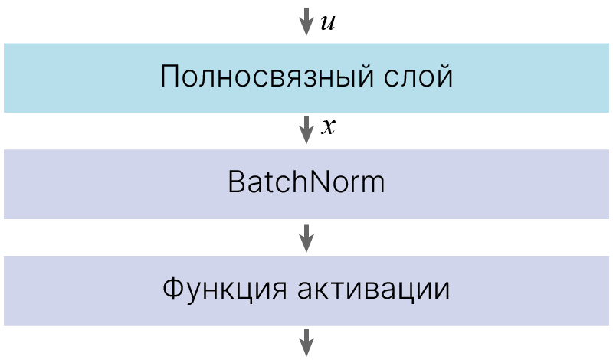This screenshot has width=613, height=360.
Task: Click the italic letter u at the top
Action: tap(328, 23)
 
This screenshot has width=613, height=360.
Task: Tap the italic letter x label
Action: tap(328, 127)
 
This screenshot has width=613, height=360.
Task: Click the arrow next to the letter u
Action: tap(306, 21)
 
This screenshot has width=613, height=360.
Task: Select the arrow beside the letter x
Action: tap(306, 129)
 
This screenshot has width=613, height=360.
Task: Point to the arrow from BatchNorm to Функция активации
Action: tap(306, 238)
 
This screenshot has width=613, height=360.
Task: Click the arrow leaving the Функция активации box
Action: tap(306, 342)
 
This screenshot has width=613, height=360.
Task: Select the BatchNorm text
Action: tap(306, 182)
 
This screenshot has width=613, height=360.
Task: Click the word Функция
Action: tap(225, 290)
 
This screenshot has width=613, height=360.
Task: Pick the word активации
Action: tap(374, 290)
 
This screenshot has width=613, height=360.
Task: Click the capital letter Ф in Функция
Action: tap(174, 288)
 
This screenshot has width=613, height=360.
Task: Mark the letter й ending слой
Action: tap(444, 74)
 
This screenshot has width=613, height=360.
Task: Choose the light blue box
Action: tap(306, 78)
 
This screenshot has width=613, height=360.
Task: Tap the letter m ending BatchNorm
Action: tap(372, 185)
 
